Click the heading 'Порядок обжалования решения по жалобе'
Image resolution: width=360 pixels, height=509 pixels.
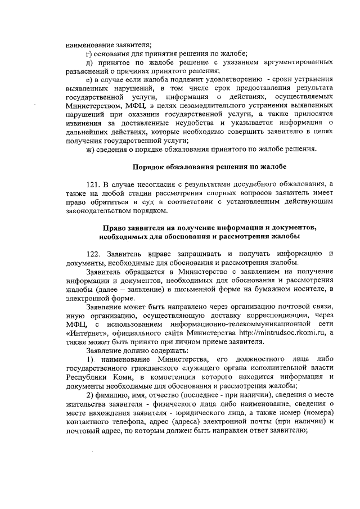pos(209,167)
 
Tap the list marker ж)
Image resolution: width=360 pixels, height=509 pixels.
pos(89,148)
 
